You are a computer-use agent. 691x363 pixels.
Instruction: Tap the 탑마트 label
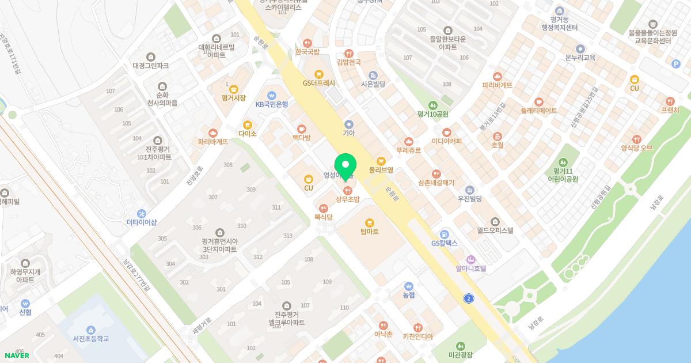coord(369,232)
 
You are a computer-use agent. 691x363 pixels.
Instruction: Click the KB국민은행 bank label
coord(272,104)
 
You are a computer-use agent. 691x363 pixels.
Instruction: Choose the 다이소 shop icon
coord(248,124)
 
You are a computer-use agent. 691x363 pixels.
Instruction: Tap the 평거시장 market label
coord(233,99)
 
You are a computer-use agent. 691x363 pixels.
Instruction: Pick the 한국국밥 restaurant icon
coord(307,43)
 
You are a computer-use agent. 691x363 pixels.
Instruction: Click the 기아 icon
coord(348,124)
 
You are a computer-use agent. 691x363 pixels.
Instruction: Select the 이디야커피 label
coord(447,141)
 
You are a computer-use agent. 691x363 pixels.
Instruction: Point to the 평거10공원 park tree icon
coord(433,105)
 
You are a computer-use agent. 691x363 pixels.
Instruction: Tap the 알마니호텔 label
coord(471,269)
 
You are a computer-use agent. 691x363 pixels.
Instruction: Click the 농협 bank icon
coord(409,286)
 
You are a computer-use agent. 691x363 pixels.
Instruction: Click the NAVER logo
coord(17,356)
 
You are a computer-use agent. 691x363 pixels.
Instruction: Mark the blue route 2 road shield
coord(469,298)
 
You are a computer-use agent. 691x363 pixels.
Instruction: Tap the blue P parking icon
coord(676,65)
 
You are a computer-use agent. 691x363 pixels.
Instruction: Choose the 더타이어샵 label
coord(142,222)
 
